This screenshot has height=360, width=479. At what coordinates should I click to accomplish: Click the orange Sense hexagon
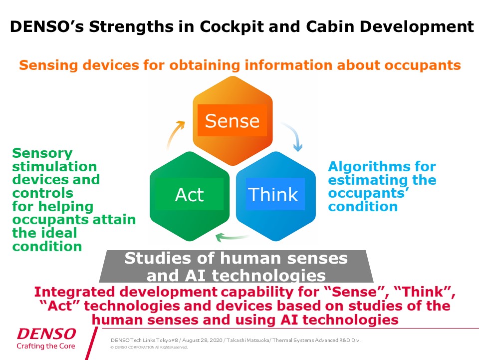coord(233,121)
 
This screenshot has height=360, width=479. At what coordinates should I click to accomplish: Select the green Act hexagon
coord(190,196)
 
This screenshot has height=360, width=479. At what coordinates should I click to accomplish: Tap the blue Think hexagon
coord(276,196)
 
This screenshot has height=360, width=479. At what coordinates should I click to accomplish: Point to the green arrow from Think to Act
coord(232,237)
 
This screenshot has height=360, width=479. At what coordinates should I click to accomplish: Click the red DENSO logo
coord(46,334)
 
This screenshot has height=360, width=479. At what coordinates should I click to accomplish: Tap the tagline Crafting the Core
coord(46,346)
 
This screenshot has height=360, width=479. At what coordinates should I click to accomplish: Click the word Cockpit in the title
coord(232,26)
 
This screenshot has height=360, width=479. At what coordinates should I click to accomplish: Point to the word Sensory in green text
coord(42,153)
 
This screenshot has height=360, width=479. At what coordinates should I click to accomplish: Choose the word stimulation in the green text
coord(54,167)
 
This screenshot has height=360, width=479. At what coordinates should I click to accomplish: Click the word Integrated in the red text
coord(75,292)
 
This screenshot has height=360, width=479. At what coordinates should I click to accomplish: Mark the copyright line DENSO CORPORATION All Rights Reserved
coord(149,347)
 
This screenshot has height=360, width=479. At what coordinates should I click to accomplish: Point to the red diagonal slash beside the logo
coord(92,343)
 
